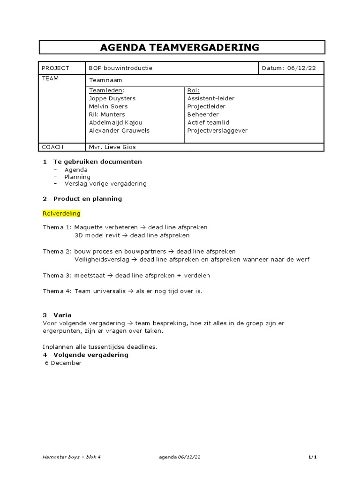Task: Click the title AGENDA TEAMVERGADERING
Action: pos(180,47)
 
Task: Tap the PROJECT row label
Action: pos(55,68)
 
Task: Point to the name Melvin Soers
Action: pos(108,106)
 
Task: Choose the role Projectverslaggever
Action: pos(217,130)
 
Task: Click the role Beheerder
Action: pos(203,114)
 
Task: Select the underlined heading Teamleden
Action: pos(107,90)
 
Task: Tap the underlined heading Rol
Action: pos(193,90)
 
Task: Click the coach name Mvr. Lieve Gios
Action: pos(112,147)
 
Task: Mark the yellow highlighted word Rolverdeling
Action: pos(61,213)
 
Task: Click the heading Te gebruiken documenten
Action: pos(97,161)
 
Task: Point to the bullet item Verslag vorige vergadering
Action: pos(105,184)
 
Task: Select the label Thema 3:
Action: pos(58,275)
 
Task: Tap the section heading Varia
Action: pos(62,315)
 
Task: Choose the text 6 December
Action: pos(63,363)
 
